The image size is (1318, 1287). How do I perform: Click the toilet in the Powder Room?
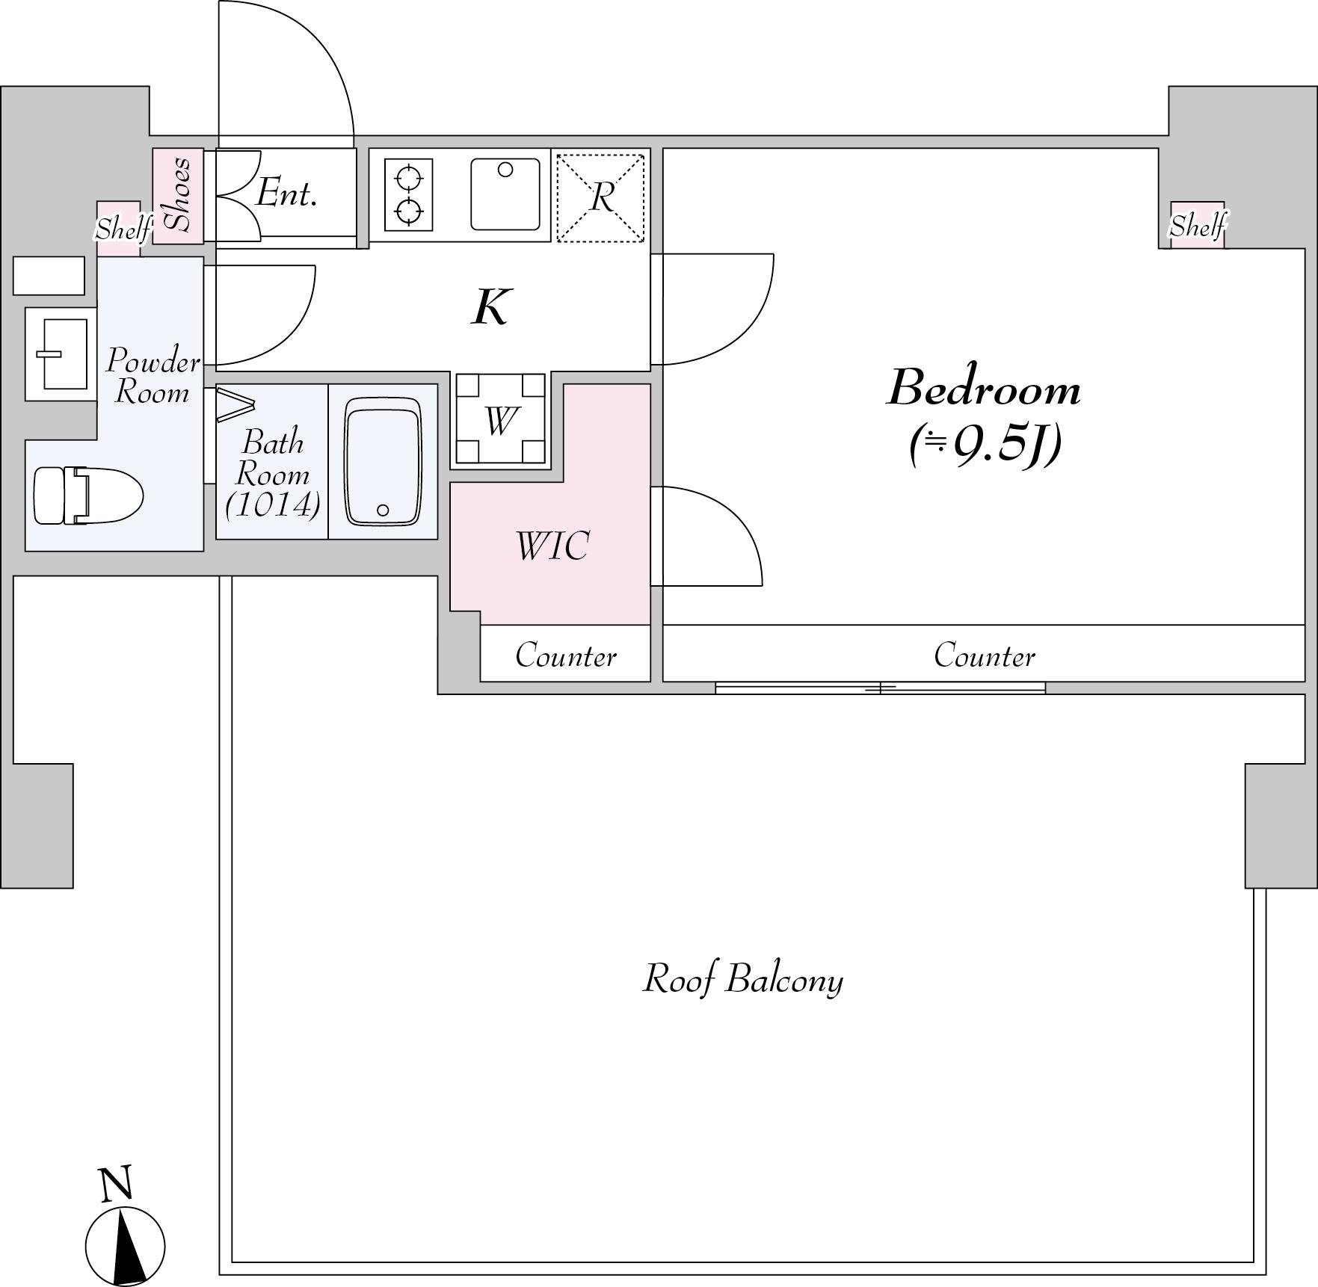coord(88,495)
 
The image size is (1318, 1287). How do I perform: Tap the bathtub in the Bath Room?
coord(383,462)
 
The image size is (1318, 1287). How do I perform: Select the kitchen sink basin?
coord(505,194)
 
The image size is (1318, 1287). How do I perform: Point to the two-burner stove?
coord(409,195)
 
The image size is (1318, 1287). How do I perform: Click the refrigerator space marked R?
coord(600,198)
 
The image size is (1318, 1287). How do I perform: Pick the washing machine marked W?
coord(500,419)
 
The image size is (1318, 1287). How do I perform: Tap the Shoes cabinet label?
coord(179,194)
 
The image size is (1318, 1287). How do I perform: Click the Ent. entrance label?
coord(286,194)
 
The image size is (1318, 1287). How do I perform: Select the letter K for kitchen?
coord(491,306)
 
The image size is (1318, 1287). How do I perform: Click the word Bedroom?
coord(984,389)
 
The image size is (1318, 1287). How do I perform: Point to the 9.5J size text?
coord(985,446)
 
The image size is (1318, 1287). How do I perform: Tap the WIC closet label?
coord(552,546)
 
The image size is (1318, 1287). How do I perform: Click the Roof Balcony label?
coord(743,978)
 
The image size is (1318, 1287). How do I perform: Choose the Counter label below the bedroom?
coord(984,655)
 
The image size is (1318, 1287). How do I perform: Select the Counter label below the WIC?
coord(566,655)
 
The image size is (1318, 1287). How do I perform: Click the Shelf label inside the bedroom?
coord(1198,225)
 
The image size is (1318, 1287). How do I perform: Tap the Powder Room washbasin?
coord(61,354)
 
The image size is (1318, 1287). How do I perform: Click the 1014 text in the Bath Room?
coord(273,505)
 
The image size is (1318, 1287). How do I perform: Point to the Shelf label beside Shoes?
coord(123,228)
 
